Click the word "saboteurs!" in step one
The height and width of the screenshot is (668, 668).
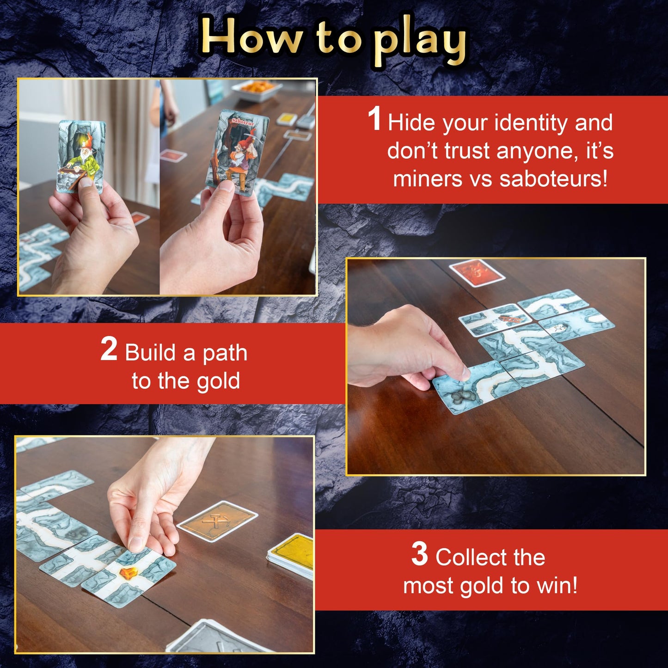click(x=553, y=179)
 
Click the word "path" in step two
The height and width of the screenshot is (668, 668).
click(x=225, y=354)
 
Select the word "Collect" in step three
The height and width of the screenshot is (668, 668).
click(x=490, y=558)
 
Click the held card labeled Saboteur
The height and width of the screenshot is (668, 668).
click(x=237, y=153)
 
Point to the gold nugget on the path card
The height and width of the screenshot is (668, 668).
click(x=128, y=573)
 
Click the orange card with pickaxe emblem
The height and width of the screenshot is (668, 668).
click(x=216, y=521)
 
